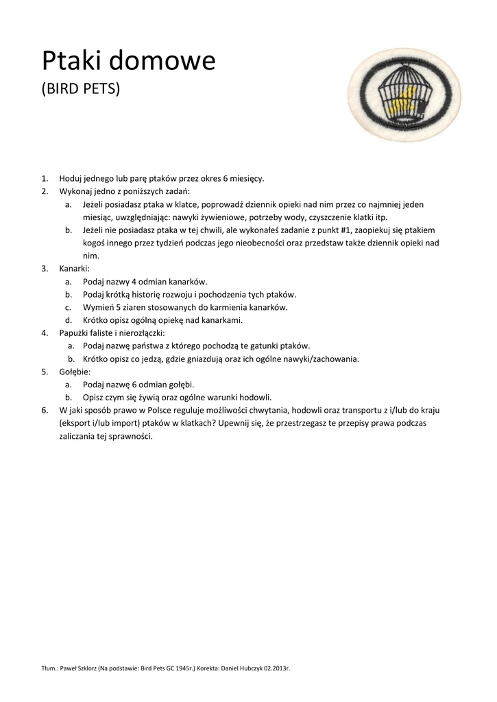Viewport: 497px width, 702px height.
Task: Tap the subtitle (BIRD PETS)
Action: [81, 90]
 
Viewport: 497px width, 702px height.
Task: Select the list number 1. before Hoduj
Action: [45, 178]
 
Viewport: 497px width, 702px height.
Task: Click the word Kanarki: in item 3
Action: [75, 269]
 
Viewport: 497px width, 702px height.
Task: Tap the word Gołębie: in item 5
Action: [75, 371]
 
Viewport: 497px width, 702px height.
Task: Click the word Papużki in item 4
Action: [75, 332]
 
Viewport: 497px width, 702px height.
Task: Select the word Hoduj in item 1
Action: [71, 178]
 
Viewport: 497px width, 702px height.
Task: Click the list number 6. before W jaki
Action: [45, 410]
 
